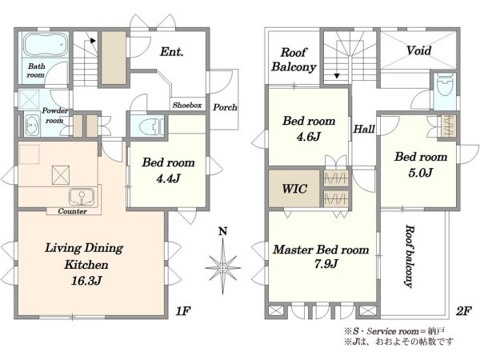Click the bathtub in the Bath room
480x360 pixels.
(46, 45)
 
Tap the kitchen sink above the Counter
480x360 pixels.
(82, 197)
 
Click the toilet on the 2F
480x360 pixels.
(445, 86)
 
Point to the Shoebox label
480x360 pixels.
(187, 106)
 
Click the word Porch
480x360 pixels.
(225, 107)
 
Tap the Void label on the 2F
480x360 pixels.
(418, 50)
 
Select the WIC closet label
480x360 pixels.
(294, 189)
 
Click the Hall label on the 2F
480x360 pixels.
(364, 129)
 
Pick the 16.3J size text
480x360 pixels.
(86, 281)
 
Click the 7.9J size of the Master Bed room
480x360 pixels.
(326, 263)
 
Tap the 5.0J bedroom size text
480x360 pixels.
(420, 173)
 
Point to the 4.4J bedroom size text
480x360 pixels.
(168, 178)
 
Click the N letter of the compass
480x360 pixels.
(223, 231)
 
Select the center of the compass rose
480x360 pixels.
(223, 268)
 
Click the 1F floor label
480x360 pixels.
(183, 311)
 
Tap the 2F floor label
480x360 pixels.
(463, 311)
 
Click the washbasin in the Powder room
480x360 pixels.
(32, 126)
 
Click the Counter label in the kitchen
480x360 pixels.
(72, 211)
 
